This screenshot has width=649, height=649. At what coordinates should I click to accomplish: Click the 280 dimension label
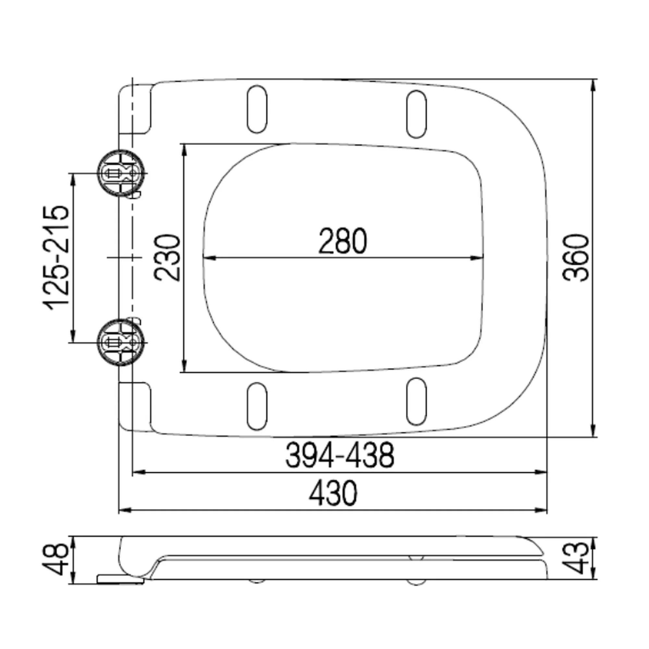342,241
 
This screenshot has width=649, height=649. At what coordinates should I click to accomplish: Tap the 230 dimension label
167,258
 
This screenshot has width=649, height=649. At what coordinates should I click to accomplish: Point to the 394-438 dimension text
340,455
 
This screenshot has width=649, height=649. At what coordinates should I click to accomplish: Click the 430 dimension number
333,493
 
